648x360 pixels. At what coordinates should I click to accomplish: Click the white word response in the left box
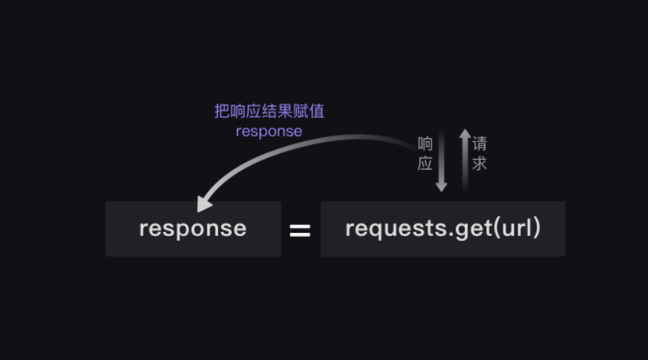click(193, 228)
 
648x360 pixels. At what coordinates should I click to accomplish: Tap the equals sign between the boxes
click(300, 231)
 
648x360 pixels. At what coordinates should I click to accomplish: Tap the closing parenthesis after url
click(537, 228)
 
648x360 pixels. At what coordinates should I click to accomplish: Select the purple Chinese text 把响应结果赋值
click(269, 111)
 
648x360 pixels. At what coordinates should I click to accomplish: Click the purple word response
click(269, 131)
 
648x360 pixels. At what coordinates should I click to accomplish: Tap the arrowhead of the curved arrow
click(204, 204)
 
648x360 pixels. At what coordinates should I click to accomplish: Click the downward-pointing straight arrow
click(441, 162)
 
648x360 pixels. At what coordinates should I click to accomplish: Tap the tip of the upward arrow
click(465, 131)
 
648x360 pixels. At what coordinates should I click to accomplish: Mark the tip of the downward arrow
click(441, 189)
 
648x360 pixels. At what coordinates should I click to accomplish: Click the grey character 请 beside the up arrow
click(480, 144)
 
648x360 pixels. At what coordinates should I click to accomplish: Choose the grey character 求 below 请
click(480, 163)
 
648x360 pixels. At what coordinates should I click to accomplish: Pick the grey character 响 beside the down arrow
click(425, 144)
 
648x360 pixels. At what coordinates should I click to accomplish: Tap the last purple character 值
click(317, 111)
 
